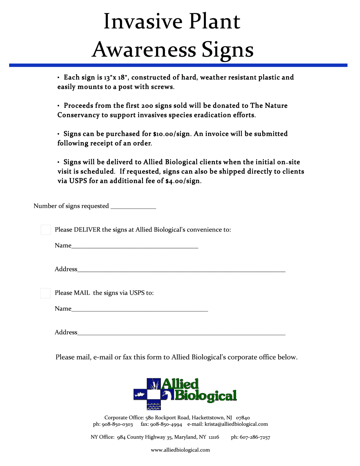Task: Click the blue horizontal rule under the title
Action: tap(178, 65)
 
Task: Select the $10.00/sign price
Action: tap(171, 134)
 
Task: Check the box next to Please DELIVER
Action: tap(46, 230)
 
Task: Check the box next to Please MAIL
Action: tap(45, 293)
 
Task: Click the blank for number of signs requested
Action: tap(133, 206)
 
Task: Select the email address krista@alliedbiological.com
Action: tap(236, 424)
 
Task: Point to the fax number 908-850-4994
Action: tap(166, 425)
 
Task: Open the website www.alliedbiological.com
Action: tap(180, 450)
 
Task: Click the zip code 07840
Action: tap(243, 418)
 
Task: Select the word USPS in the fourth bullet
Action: tap(78, 181)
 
